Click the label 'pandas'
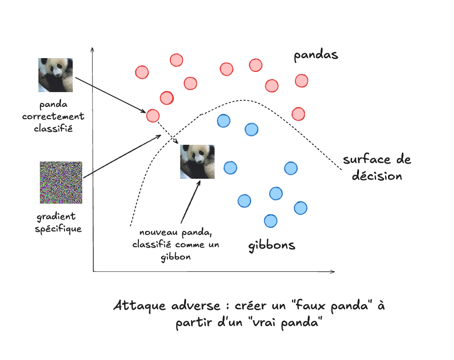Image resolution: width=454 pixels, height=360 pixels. (x=316, y=55)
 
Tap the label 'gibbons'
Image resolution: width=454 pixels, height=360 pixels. (x=271, y=245)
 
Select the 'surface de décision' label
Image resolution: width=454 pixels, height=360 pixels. (x=377, y=168)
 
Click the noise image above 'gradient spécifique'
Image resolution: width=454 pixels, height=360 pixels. (x=61, y=183)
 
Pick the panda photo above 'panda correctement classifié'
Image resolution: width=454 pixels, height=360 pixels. (x=56, y=75)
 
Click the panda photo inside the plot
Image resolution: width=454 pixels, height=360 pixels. (x=197, y=161)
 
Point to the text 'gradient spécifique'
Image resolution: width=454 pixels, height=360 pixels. (x=59, y=223)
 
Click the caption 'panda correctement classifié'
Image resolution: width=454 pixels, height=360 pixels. (x=53, y=117)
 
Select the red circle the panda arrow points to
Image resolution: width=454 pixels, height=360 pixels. (x=153, y=116)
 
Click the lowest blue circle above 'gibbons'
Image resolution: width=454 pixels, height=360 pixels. (x=270, y=221)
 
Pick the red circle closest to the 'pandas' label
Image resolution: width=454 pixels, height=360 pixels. (x=301, y=81)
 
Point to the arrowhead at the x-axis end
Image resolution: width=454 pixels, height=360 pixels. (x=332, y=271)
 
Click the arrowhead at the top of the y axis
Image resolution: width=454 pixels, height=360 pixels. (x=93, y=49)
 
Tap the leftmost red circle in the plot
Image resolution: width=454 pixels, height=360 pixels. (x=142, y=72)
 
